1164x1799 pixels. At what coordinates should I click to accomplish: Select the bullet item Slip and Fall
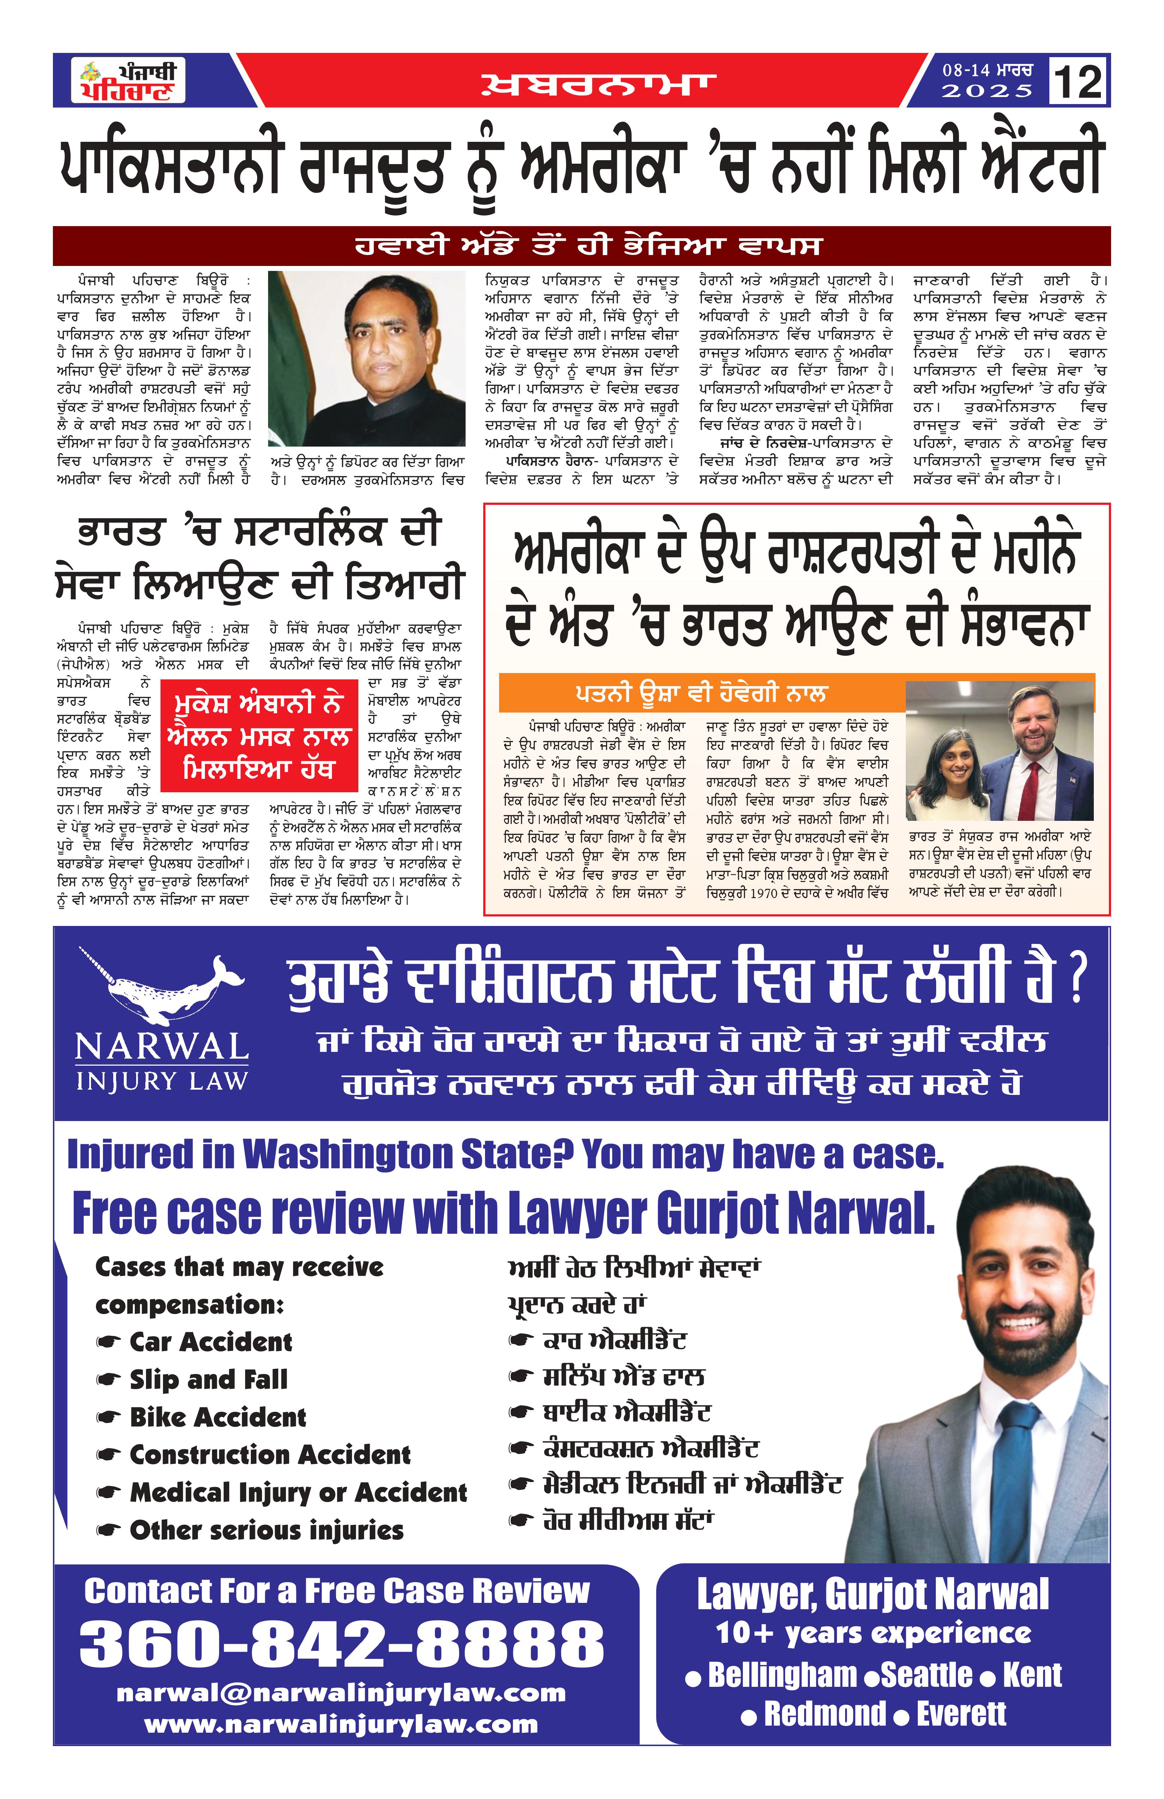208,1380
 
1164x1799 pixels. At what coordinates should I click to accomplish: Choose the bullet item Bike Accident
218,1417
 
